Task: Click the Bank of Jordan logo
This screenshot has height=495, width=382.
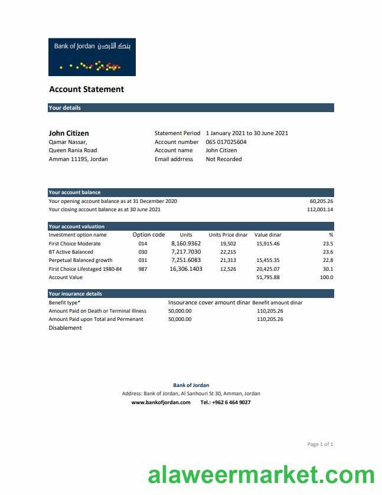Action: coord(92,57)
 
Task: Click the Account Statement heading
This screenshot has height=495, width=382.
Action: coord(86,90)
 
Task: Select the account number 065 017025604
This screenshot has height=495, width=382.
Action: coord(226,142)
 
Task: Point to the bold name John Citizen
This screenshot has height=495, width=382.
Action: coord(68,133)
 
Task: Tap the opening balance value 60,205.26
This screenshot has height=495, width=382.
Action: coord(321,201)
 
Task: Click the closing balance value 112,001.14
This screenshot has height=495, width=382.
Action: coord(320,209)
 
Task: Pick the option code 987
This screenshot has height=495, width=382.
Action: coord(143,268)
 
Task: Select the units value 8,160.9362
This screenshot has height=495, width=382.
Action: coord(186,244)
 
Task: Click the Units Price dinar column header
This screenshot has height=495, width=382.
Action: coord(228,235)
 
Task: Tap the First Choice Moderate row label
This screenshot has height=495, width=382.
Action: coord(74,244)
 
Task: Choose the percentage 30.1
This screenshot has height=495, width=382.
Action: coord(328,268)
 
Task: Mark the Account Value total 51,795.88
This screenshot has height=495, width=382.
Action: coord(268,277)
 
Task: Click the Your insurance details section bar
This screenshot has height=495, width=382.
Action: coord(191,293)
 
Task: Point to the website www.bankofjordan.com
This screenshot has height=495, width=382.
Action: coord(161,402)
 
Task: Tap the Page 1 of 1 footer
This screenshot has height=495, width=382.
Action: coord(320,444)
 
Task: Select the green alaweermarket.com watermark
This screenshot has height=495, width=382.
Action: coord(261,476)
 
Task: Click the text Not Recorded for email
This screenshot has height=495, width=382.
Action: coord(224,159)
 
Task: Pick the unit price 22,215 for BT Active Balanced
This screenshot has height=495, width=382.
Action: coord(228,252)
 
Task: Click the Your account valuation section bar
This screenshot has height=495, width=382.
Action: coord(191,227)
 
